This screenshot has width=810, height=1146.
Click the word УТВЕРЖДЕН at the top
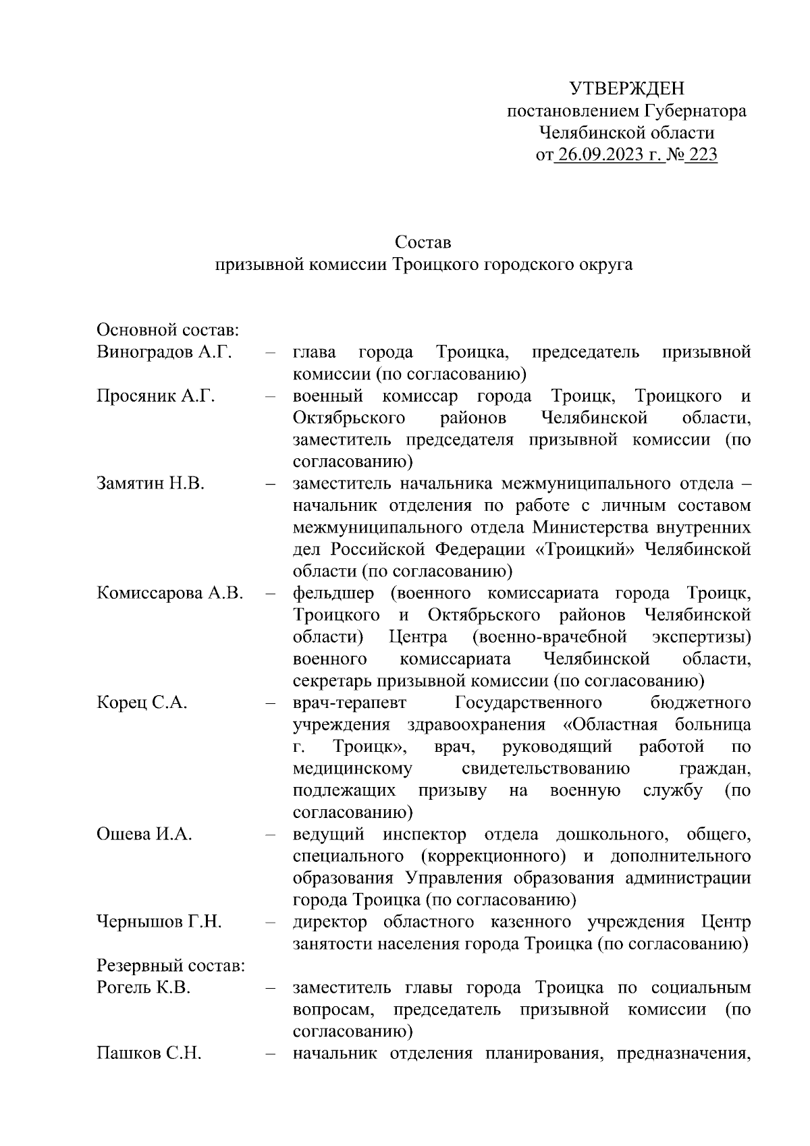click(626, 88)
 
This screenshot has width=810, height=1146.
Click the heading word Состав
click(423, 242)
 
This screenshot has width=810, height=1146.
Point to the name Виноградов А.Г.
click(164, 352)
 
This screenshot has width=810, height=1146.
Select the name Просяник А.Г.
click(156, 395)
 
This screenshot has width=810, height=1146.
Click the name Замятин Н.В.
click(151, 483)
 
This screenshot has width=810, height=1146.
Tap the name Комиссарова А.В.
click(170, 593)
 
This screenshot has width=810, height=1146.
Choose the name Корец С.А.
click(142, 703)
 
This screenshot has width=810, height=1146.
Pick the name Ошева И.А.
click(144, 834)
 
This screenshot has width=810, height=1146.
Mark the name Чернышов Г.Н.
click(159, 922)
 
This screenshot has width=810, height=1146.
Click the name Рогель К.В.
click(144, 987)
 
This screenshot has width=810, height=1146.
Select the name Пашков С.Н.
click(149, 1054)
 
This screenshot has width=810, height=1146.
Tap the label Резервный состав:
click(171, 966)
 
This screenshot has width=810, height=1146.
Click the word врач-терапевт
click(350, 703)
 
